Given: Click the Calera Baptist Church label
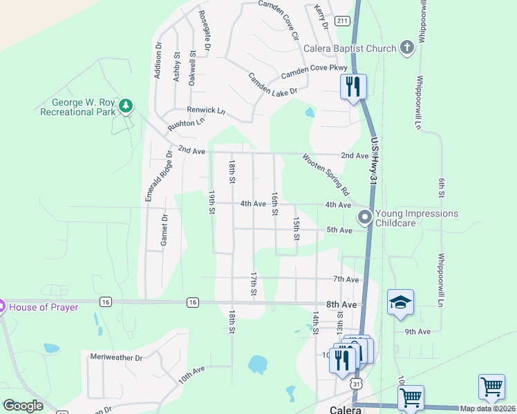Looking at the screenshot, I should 350,48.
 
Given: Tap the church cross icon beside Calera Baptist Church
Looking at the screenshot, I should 407,48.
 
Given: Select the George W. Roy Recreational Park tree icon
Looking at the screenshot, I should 125,106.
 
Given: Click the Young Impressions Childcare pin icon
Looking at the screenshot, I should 364,218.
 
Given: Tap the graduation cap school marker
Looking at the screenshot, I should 400,302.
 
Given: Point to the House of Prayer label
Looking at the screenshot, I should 43,306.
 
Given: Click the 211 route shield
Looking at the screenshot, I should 342,21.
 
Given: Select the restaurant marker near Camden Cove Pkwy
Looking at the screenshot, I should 353,87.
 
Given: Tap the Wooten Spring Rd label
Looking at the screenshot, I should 326,173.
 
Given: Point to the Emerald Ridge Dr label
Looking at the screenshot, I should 157,176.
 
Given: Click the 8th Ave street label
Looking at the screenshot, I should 341,304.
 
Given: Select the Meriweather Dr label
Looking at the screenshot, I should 116,357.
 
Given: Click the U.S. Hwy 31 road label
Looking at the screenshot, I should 374,161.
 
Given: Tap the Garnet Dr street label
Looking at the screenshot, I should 164,230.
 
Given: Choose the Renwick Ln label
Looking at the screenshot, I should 206,110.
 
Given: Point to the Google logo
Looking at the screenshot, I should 23,406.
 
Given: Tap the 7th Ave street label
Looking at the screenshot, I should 346,279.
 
